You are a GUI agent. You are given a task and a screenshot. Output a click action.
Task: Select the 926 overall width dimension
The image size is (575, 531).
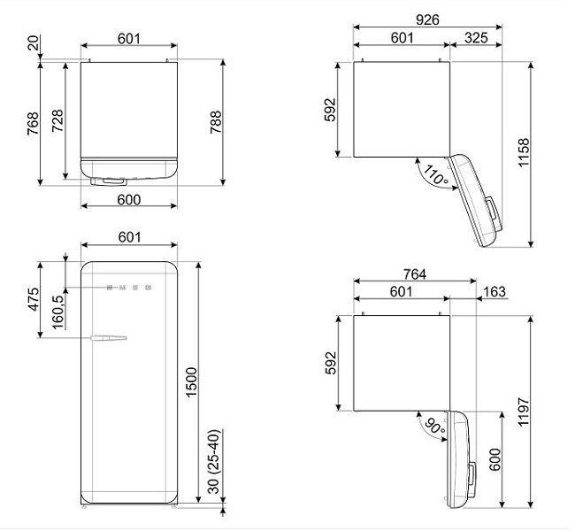[426, 16]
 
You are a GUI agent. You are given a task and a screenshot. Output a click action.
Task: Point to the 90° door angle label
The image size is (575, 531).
[433, 428]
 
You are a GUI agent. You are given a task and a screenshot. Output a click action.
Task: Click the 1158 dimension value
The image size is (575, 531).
[523, 156]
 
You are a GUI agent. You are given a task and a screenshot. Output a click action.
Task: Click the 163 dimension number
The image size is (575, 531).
[495, 290]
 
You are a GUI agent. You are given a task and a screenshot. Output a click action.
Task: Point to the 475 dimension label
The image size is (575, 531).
[32, 299]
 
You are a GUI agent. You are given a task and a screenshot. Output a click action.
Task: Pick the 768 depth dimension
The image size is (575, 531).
[32, 123]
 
